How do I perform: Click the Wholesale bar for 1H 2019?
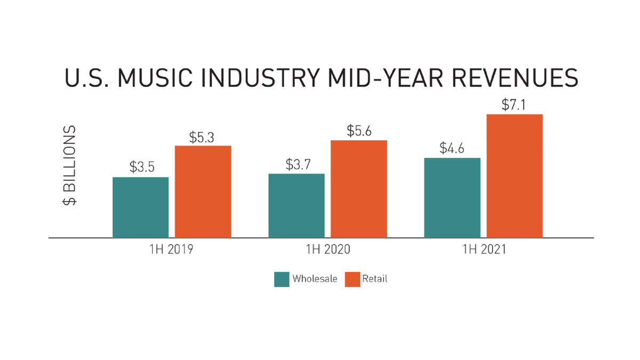pos(141,207)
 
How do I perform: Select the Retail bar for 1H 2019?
pos(203,191)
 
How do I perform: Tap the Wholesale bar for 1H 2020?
pos(297,205)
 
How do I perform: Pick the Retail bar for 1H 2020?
pos(359,189)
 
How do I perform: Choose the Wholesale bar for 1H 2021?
pos(452,197)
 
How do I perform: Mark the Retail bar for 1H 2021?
pos(515,176)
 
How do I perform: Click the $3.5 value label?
pos(142,167)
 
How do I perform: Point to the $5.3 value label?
pos(202,137)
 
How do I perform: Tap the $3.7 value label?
pos(298,164)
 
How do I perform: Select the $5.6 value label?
pos(359,131)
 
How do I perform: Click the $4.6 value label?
pos(452,148)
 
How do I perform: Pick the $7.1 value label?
pos(514,105)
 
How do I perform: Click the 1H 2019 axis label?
pos(172,250)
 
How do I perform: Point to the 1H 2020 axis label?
pos(328,250)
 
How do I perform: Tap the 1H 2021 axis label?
pos(483,250)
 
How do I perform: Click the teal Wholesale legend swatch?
pos(282,279)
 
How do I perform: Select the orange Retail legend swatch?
pos(352,279)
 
